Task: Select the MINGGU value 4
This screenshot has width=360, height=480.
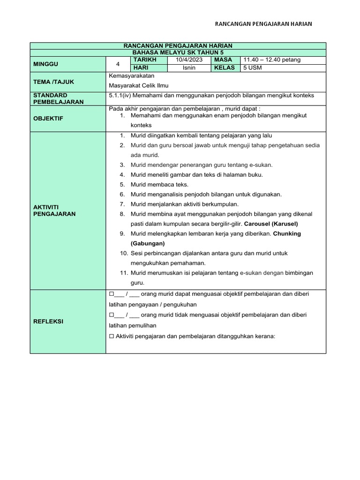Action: [x=118, y=64]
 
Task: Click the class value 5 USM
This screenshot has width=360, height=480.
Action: [x=252, y=67]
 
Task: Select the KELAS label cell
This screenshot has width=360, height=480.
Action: [x=225, y=67]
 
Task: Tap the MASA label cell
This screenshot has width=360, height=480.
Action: [x=223, y=60]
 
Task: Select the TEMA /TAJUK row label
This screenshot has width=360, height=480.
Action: [x=53, y=82]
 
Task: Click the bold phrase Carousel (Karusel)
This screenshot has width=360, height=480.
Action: [x=272, y=224]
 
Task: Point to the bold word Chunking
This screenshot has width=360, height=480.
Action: [x=287, y=233]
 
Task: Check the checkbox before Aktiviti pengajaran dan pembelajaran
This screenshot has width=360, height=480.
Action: [x=112, y=336]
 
